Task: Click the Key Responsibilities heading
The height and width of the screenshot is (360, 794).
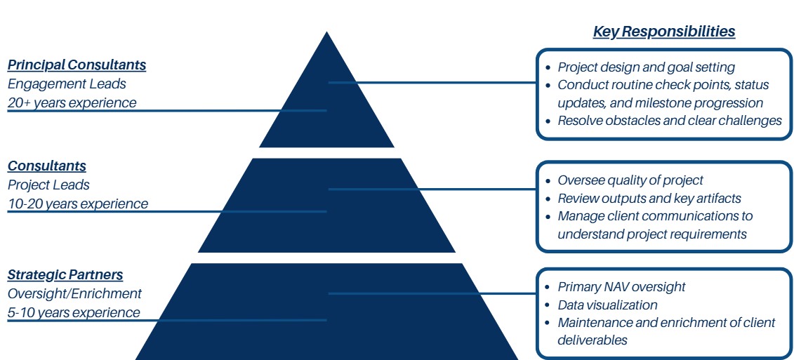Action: click(x=664, y=32)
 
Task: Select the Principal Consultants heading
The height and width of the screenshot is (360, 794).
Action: click(x=77, y=65)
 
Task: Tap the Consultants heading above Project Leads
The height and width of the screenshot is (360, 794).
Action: click(x=47, y=166)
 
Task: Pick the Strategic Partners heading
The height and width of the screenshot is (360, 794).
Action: click(x=65, y=275)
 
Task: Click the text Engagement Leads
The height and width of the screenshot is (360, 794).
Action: click(x=67, y=84)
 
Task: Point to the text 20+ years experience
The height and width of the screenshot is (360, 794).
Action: click(x=72, y=103)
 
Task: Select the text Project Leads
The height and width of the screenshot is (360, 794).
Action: click(x=48, y=185)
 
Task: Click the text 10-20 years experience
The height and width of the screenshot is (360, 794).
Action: click(x=78, y=204)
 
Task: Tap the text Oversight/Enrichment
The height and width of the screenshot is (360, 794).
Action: click(x=74, y=294)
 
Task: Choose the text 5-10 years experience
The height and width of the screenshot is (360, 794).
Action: click(x=74, y=313)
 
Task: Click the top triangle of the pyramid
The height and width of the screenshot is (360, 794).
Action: click(x=326, y=105)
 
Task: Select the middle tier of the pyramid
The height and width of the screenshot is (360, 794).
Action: click(x=326, y=207)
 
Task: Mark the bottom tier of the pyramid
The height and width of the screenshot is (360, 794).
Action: click(x=326, y=316)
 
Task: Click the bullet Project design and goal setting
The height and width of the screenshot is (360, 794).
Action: click(x=646, y=67)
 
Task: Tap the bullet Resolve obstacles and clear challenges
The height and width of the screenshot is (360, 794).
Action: click(x=669, y=121)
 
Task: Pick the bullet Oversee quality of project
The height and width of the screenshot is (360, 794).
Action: click(x=630, y=180)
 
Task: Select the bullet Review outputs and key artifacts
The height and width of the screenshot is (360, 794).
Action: click(x=649, y=199)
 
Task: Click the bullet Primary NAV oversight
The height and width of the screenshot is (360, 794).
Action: click(x=621, y=287)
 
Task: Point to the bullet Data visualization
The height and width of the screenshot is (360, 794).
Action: click(x=607, y=305)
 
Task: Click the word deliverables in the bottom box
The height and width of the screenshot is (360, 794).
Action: click(x=593, y=340)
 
